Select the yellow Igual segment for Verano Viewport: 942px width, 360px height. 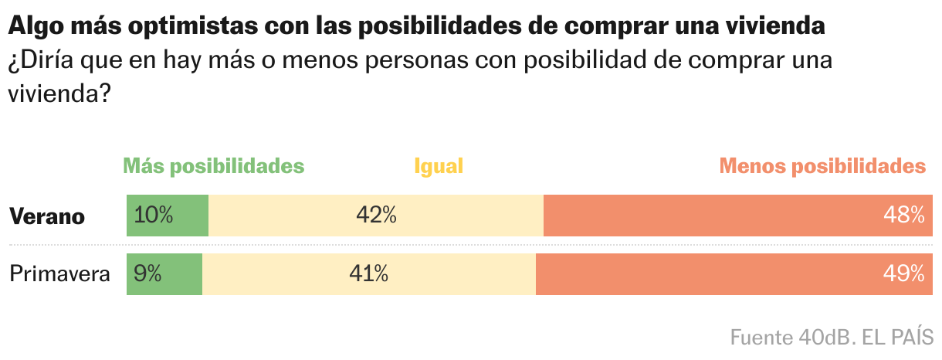(463, 216)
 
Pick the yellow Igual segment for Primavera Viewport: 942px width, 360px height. (463, 274)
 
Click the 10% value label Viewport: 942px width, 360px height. (154, 216)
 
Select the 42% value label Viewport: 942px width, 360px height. (376, 216)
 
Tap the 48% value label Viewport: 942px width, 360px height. (904, 216)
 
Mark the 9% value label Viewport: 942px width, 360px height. (147, 274)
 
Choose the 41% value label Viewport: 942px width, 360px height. (368, 274)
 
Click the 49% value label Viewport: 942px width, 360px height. (904, 274)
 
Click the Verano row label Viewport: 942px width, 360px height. (47, 216)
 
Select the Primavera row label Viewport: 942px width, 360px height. (59, 274)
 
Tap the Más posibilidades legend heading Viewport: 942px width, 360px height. (214, 167)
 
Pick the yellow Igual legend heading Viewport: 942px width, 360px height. (439, 167)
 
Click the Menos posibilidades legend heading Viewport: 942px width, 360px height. (822, 167)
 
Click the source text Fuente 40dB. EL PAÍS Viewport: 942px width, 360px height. (832, 338)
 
